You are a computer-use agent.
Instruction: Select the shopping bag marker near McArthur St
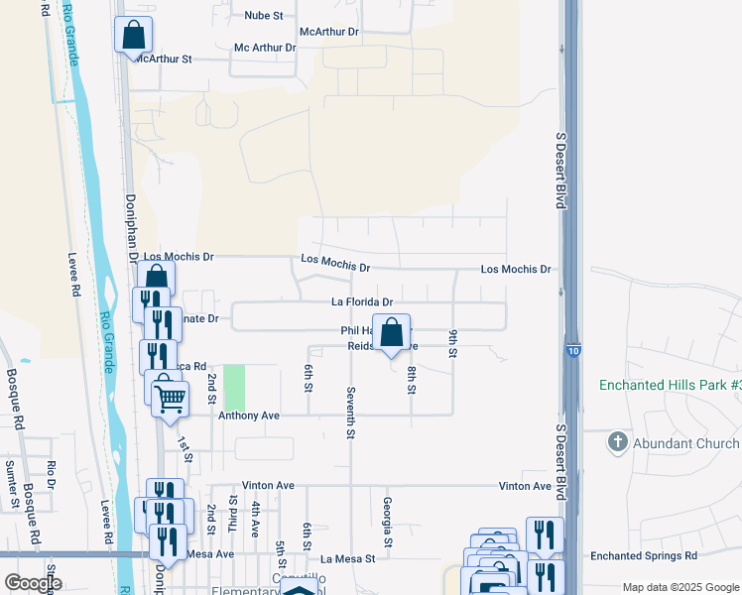click(133, 37)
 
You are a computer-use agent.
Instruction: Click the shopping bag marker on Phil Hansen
click(391, 333)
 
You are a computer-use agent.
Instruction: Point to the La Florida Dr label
click(362, 302)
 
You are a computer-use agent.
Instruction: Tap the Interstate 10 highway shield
click(573, 350)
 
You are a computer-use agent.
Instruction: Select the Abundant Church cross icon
click(617, 441)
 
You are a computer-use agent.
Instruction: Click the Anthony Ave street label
click(249, 416)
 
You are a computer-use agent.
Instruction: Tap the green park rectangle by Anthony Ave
click(234, 387)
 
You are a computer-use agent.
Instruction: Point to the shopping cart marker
click(170, 398)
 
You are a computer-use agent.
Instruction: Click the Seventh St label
click(350, 414)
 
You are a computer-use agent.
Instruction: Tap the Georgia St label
click(387, 522)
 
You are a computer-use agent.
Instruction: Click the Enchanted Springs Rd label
click(644, 556)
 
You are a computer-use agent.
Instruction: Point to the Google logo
click(33, 583)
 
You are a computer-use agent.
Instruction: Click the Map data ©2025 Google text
click(680, 587)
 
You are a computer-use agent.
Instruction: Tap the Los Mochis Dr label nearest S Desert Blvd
click(515, 269)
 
